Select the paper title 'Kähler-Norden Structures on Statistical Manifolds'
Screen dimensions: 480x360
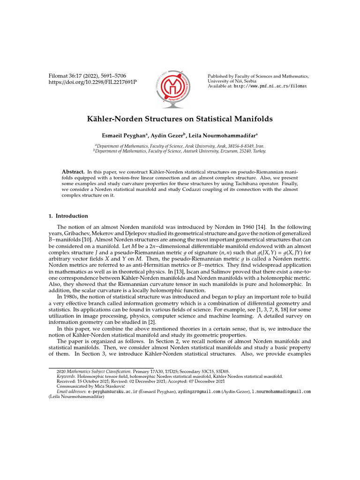180,119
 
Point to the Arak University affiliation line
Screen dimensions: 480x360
180,146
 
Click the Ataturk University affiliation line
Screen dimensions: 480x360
180,151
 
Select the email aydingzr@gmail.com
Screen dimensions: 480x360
199,391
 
